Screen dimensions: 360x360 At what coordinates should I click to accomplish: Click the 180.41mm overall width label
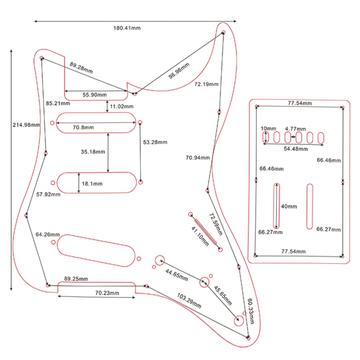pyautogui.click(x=126, y=28)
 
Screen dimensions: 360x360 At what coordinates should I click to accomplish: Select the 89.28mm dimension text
pyautogui.click(x=81, y=68)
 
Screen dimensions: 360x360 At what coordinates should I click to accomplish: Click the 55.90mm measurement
pyautogui.click(x=94, y=94)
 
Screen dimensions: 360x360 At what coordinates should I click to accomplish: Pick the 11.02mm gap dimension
pyautogui.click(x=122, y=107)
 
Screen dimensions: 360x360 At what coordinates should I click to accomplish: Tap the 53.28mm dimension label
pyautogui.click(x=155, y=142)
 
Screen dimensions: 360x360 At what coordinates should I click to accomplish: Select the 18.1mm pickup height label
pyautogui.click(x=91, y=184)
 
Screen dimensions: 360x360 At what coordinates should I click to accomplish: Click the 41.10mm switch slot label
pyautogui.click(x=200, y=237)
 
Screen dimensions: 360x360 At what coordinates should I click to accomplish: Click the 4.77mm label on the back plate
pyautogui.click(x=296, y=129)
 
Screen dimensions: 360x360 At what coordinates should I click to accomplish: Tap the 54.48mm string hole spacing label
pyautogui.click(x=296, y=148)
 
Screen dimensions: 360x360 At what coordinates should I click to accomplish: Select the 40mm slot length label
pyautogui.click(x=289, y=207)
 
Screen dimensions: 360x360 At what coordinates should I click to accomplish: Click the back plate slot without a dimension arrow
pyautogui.click(x=310, y=207)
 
